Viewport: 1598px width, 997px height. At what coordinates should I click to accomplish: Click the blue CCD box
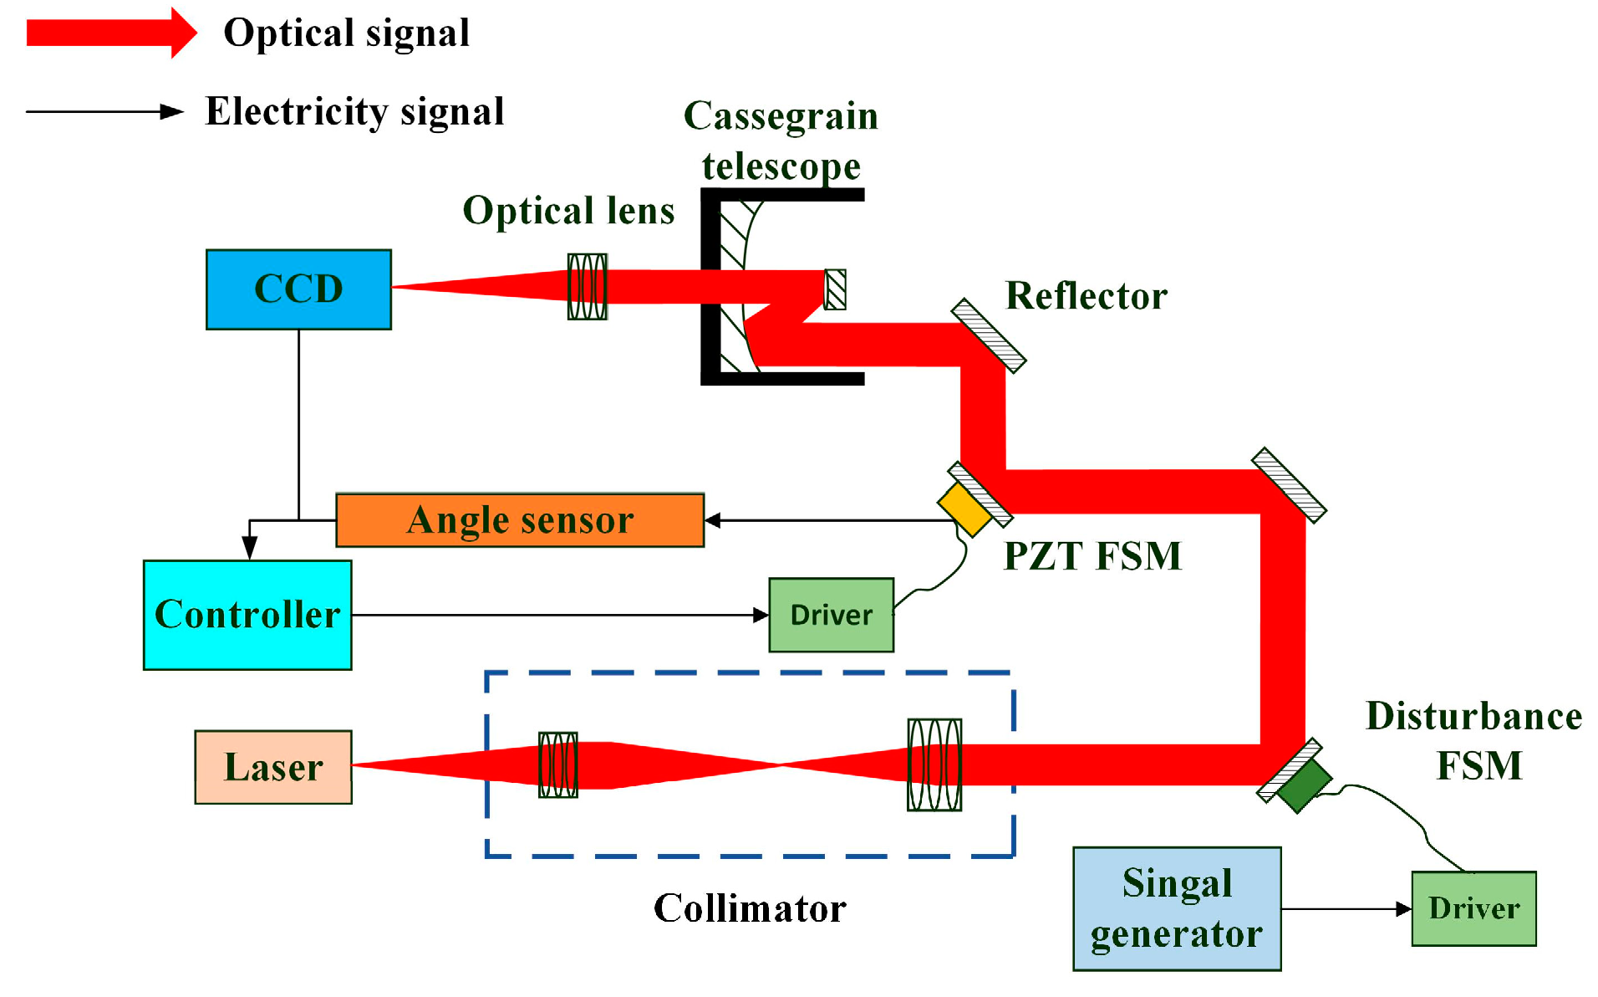pos(298,289)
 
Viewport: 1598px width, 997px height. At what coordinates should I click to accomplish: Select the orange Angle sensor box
pos(519,520)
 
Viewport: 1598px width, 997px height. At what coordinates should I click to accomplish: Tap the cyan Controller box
pos(247,615)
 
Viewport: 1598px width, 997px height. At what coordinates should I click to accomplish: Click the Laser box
pos(273,767)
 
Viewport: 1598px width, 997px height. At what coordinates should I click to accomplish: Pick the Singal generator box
pos(1176,908)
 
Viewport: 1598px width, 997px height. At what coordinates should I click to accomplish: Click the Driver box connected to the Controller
pos(831,615)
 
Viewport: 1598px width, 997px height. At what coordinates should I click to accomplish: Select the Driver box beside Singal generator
pos(1473,908)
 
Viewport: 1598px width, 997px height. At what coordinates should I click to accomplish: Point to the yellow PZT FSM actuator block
pos(964,508)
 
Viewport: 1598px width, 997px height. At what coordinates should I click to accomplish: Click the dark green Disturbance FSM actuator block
pos(1304,785)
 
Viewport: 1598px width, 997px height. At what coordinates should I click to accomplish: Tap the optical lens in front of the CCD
pos(587,287)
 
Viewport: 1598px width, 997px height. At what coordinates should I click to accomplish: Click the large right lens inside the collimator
pos(934,764)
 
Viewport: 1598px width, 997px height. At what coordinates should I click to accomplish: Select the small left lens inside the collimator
pos(557,764)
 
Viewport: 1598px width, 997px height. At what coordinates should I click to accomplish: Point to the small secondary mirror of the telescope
pos(835,289)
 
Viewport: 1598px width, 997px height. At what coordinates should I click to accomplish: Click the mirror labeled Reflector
pos(989,335)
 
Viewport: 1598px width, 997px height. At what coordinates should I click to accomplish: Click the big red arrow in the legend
pos(111,33)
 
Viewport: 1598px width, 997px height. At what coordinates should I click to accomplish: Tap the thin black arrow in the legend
pos(104,111)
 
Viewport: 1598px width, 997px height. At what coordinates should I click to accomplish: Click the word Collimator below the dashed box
pos(750,908)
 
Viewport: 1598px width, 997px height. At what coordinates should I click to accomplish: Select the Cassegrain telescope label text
pos(781,141)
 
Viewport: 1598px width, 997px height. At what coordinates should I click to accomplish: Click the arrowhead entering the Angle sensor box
pos(713,520)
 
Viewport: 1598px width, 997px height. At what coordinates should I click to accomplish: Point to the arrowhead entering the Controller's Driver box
pos(761,615)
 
